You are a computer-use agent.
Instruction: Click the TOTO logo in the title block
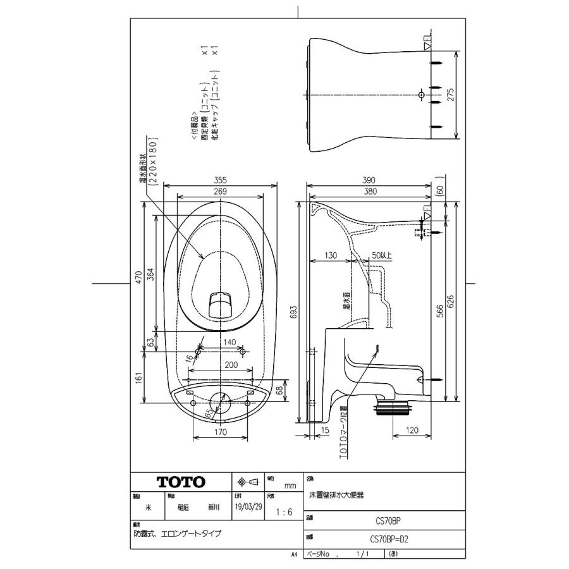click(181, 482)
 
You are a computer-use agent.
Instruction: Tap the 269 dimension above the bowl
click(220, 191)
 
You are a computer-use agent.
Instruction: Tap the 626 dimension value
click(451, 303)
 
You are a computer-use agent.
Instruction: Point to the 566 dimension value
click(440, 312)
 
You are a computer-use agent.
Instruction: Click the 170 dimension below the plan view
click(221, 432)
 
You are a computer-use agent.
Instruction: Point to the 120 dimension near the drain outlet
click(412, 430)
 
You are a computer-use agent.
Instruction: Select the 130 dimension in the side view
click(329, 255)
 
